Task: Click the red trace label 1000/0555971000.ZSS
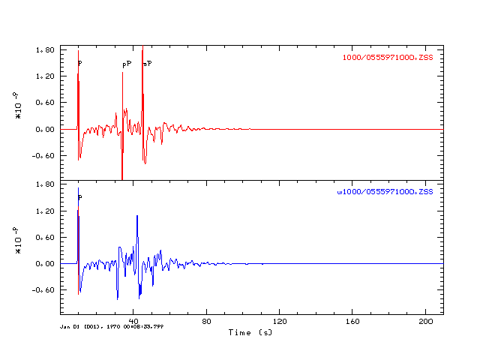388,58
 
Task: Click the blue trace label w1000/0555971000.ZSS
385,193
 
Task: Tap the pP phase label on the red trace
127,64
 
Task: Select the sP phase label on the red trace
148,64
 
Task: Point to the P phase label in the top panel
80,64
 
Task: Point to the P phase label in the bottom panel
80,198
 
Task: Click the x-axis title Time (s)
250,332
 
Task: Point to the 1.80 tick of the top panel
45,49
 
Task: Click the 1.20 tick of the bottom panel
45,211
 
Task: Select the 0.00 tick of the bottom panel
45,264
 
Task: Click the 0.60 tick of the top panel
45,103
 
